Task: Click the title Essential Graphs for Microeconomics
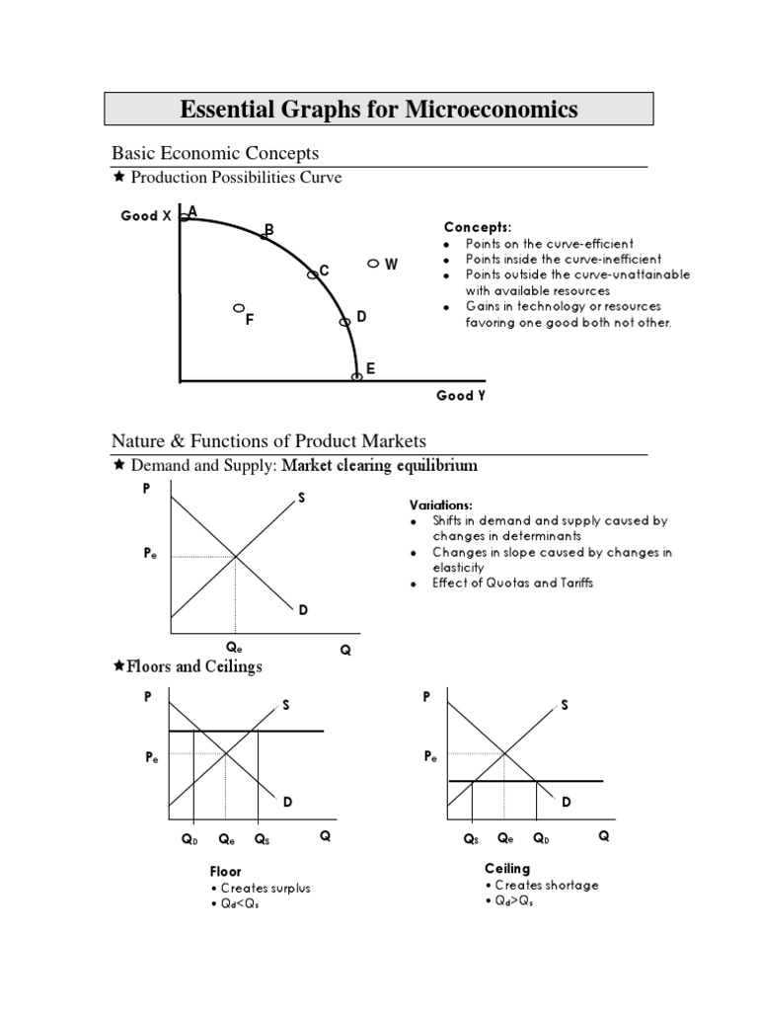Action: pyautogui.click(x=379, y=109)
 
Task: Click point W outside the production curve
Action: pyautogui.click(x=373, y=264)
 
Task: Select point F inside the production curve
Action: pyautogui.click(x=238, y=308)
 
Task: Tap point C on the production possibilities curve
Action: pyautogui.click(x=313, y=274)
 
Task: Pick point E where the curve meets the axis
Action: pyautogui.click(x=356, y=376)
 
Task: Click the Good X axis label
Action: pyautogui.click(x=146, y=215)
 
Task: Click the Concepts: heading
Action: pyautogui.click(x=478, y=227)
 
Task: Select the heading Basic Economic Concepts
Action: pyautogui.click(x=215, y=153)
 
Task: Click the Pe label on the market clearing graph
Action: pyautogui.click(x=149, y=557)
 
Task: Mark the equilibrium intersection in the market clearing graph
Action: pyautogui.click(x=235, y=557)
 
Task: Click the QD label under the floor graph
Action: pyautogui.click(x=189, y=839)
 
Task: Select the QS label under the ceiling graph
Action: pyautogui.click(x=471, y=838)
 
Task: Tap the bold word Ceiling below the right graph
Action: pyautogui.click(x=507, y=869)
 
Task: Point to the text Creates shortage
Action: pyautogui.click(x=546, y=886)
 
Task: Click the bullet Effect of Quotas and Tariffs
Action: pyautogui.click(x=513, y=583)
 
